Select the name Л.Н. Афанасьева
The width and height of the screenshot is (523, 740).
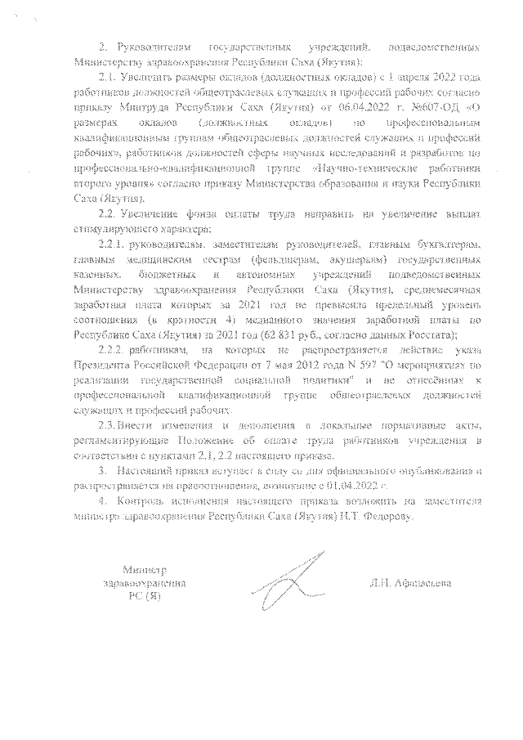[409, 584]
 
